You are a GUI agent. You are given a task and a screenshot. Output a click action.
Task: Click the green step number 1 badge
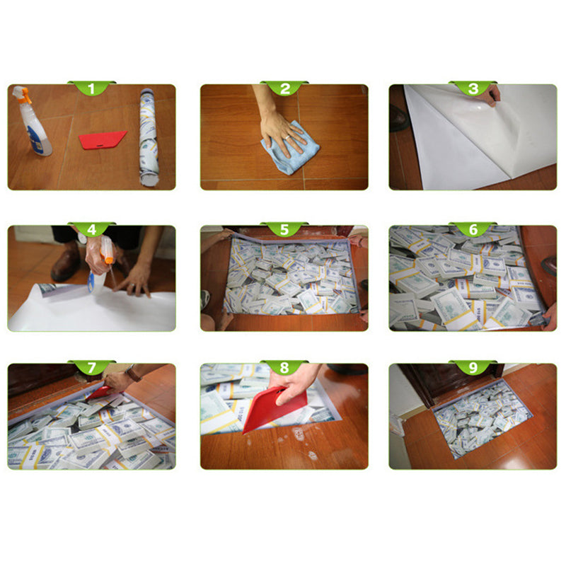pyautogui.click(x=91, y=88)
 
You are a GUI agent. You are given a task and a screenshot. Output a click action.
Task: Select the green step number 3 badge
pyautogui.click(x=473, y=88)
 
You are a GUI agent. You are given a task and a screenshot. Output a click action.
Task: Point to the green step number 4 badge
pyautogui.click(x=91, y=229)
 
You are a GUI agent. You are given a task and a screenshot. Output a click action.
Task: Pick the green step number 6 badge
pyautogui.click(x=473, y=229)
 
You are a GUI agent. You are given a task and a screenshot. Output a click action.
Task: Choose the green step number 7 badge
pyautogui.click(x=91, y=367)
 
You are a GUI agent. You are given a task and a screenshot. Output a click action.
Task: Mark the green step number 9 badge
pyautogui.click(x=473, y=367)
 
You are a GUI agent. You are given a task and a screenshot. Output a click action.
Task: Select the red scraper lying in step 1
pyautogui.click(x=102, y=139)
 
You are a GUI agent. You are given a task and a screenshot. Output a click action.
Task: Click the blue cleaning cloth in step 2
pyautogui.click(x=290, y=151)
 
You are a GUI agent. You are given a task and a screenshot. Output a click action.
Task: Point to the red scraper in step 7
pyautogui.click(x=98, y=392)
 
